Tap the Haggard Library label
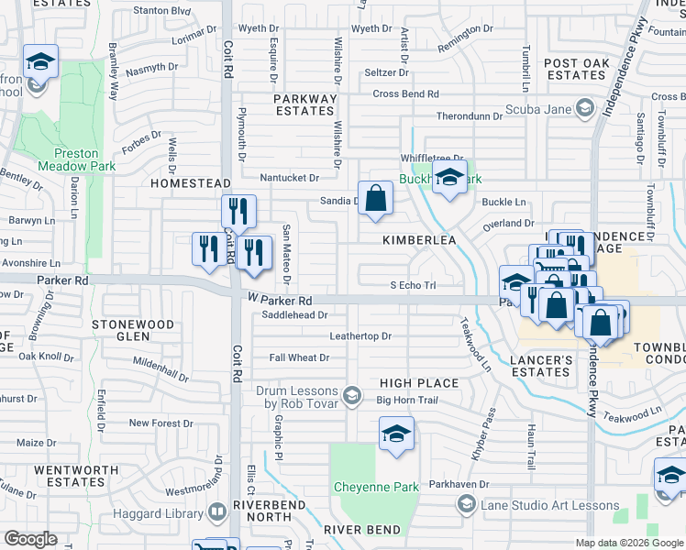[161, 512]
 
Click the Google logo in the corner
[31, 539]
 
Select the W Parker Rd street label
[280, 300]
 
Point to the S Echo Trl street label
[412, 285]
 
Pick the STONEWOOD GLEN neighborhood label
[133, 330]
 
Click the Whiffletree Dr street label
[432, 159]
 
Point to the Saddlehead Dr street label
[294, 314]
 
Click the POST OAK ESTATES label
[574, 70]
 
